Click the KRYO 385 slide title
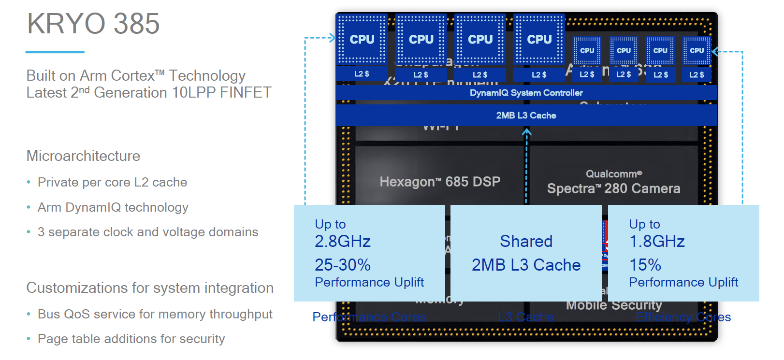[x=93, y=24]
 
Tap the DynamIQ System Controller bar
[x=526, y=93]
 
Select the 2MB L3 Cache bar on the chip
[x=526, y=115]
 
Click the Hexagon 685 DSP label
[x=440, y=182]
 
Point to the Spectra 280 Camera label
[x=613, y=188]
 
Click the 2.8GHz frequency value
[x=343, y=241]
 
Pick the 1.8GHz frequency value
[x=657, y=241]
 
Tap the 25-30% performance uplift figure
[x=343, y=265]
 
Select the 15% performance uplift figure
[x=645, y=265]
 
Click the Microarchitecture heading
[x=83, y=156]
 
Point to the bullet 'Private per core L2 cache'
[x=112, y=182]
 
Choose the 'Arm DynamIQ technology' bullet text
[x=113, y=207]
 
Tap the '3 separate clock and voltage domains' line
[x=148, y=232]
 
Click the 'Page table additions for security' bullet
[x=131, y=339]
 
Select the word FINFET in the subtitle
[x=246, y=92]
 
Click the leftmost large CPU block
[x=362, y=39]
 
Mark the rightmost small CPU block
[x=697, y=50]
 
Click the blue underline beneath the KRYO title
[x=55, y=52]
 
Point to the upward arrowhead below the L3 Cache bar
[x=526, y=131]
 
